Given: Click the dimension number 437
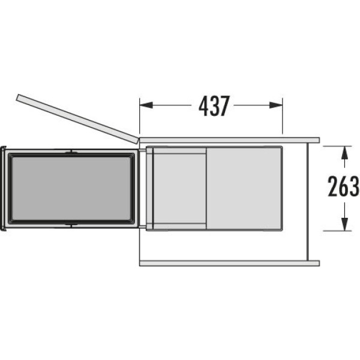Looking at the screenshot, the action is [214, 106].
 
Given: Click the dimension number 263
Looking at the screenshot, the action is [343, 186].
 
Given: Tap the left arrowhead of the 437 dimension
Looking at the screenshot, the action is [146, 105].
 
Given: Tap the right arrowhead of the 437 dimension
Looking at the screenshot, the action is [276, 105].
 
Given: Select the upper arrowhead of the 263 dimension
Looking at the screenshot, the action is [344, 152].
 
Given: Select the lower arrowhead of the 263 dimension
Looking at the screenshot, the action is [344, 224].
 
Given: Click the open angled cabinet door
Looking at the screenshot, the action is [77, 119].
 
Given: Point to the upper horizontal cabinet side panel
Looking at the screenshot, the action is [230, 140].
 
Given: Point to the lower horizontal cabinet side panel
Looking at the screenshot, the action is [230, 263].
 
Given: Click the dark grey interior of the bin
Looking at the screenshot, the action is [71, 188].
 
